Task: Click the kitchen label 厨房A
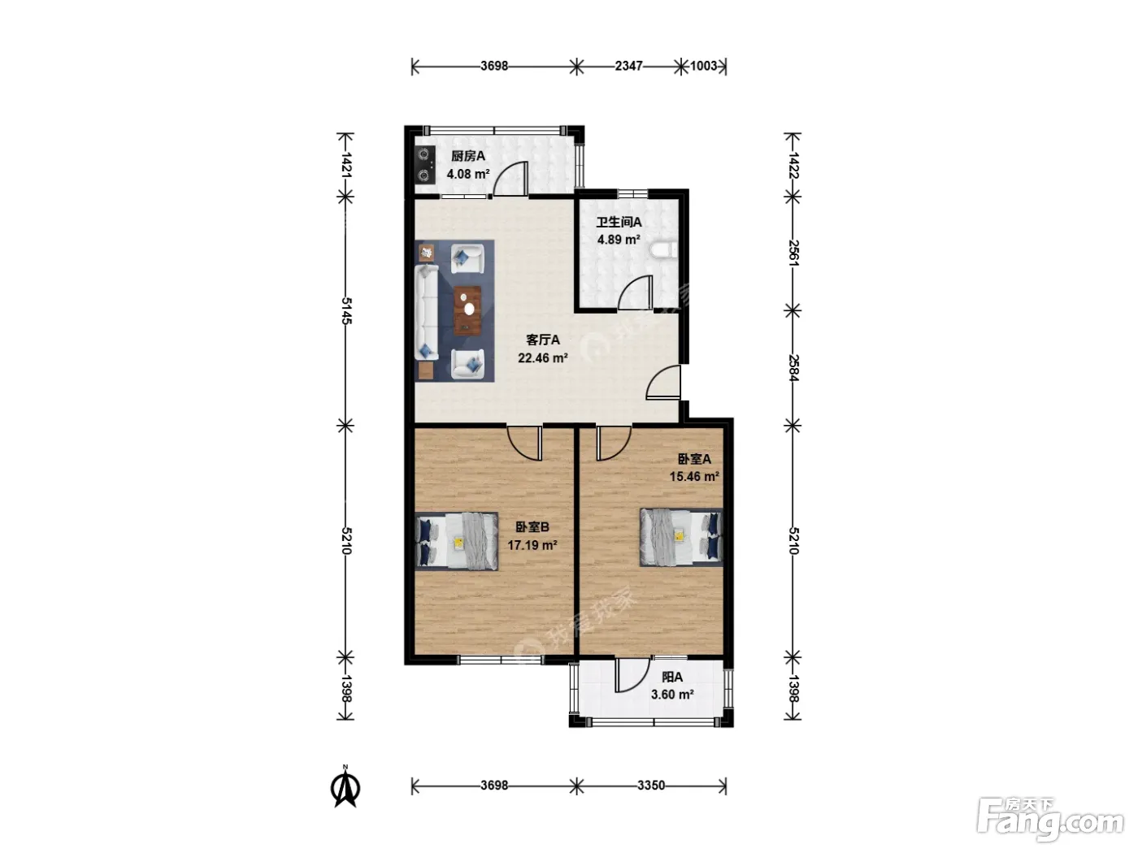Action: point(467,156)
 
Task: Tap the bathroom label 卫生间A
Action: point(619,222)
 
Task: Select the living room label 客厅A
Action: point(543,340)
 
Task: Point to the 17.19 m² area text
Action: point(532,545)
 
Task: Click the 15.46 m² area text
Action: point(693,476)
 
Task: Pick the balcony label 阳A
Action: point(672,677)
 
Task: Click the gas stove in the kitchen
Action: point(424,165)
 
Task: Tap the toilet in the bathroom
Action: point(664,249)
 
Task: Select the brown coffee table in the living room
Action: point(467,310)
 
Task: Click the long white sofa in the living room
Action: point(427,313)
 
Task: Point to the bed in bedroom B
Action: point(457,541)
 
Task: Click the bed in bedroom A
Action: point(681,536)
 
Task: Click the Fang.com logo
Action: point(1050,820)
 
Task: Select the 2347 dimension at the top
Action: point(628,66)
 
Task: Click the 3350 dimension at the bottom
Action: point(650,786)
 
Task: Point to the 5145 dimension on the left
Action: point(346,311)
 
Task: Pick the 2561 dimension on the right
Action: point(793,253)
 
